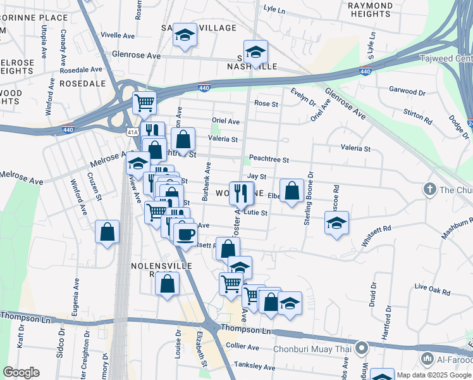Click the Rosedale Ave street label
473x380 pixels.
click(x=80, y=70)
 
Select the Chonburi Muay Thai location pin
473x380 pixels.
click(x=362, y=348)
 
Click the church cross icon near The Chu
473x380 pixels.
click(x=429, y=189)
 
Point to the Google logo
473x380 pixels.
click(x=21, y=372)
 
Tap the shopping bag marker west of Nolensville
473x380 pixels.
click(x=107, y=232)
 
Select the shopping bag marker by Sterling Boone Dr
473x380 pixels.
click(x=291, y=191)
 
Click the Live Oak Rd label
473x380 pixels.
click(x=433, y=291)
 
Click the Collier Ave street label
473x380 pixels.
click(x=243, y=347)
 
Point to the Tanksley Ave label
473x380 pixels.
click(x=254, y=366)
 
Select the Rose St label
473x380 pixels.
click(x=266, y=103)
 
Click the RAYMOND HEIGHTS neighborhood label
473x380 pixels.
click(x=371, y=9)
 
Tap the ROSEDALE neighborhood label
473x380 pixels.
click(x=82, y=84)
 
